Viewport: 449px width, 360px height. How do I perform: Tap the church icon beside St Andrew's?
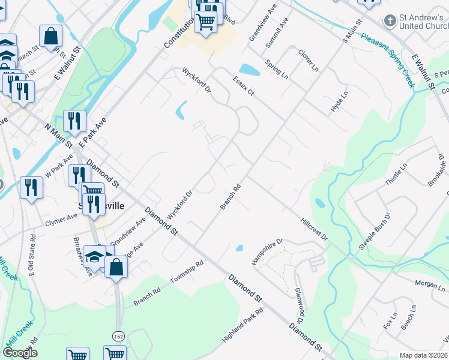390,20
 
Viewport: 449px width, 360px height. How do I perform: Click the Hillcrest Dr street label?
313,227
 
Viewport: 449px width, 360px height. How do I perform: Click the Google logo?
20,353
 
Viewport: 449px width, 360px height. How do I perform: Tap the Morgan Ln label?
429,283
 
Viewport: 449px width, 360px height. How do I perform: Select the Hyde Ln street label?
339,102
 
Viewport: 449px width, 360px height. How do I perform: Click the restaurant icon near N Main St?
74,121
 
